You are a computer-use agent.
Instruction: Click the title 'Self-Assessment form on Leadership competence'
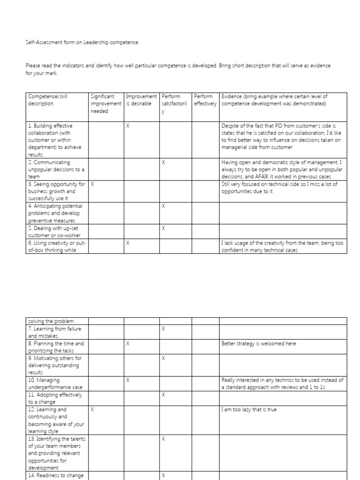tap(82, 43)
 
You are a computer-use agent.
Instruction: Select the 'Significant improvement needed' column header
tap(105, 104)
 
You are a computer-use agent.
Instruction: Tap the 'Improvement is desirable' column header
tap(141, 100)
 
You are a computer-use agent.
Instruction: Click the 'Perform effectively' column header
tap(205, 100)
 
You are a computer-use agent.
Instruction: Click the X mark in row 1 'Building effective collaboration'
tap(128, 126)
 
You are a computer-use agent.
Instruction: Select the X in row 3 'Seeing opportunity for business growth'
tap(92, 184)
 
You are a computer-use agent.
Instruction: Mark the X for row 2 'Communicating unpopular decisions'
tap(163, 162)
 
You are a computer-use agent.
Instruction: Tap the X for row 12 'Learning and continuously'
tap(92, 409)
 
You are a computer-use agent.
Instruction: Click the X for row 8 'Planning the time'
tap(128, 344)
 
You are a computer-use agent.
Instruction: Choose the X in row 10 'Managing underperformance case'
tap(128, 380)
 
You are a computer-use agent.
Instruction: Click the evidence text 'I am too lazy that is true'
tap(249, 409)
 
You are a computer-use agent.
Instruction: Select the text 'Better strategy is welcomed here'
tap(258, 344)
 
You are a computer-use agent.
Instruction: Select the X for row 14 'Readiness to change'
tap(163, 475)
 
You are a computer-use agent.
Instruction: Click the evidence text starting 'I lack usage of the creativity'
tap(281, 247)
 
